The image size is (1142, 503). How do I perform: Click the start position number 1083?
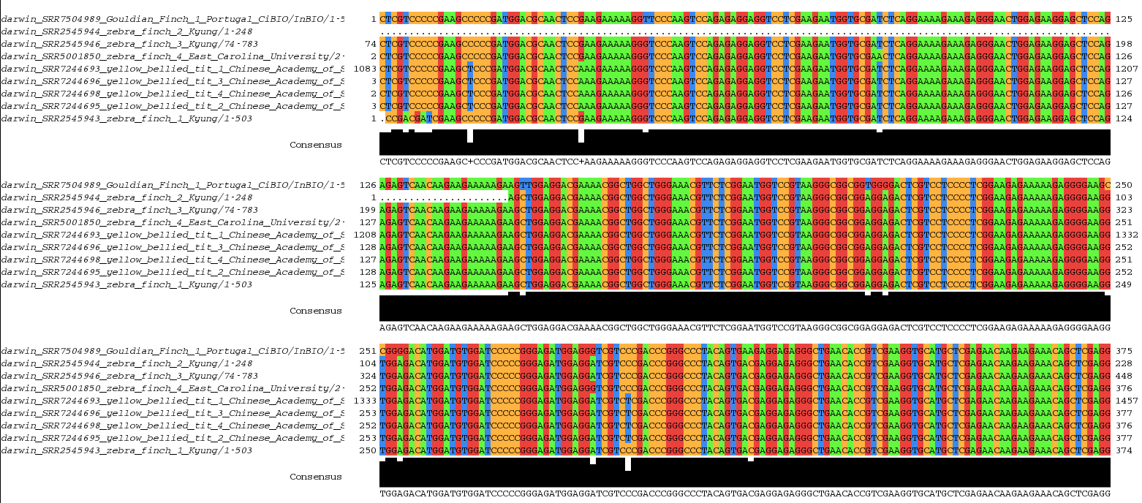coord(365,68)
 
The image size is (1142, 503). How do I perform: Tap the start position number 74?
coord(370,43)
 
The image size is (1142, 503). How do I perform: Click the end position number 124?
coord(1123,118)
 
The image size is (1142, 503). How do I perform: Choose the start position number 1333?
coord(365,401)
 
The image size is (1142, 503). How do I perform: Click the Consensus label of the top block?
coord(315,145)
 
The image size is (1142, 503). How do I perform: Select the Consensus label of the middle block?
coord(315,311)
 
